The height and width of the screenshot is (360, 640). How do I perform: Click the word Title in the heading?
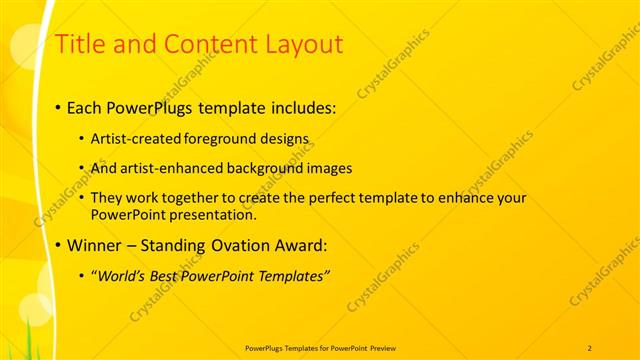[78, 44]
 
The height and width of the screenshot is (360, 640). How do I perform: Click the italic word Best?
[169, 275]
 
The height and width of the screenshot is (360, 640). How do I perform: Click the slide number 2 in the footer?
[589, 347]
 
